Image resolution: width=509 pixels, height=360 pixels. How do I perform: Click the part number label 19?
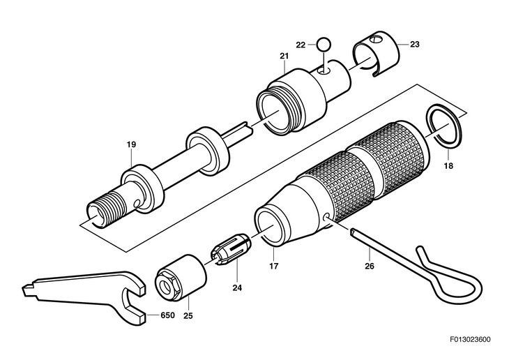pos(131,144)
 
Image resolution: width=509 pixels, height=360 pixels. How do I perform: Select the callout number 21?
pos(284,56)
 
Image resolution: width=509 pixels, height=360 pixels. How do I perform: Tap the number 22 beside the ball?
pos(301,45)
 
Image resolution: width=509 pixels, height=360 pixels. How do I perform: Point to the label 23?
pos(415,44)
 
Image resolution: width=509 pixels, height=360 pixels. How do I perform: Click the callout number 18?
pos(448,166)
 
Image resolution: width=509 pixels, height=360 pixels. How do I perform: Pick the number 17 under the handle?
pos(273,267)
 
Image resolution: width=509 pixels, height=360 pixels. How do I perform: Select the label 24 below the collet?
pos(237,288)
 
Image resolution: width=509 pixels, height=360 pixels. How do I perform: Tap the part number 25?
pos(188,315)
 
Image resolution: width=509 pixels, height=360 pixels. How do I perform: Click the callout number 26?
pos(370,267)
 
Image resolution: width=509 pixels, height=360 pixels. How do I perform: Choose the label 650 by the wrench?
pos(167,315)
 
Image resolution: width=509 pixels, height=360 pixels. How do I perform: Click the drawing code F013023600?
pos(470,340)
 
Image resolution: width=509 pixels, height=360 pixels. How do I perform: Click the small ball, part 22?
pos(324,44)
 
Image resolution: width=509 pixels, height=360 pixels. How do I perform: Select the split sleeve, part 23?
pos(377,54)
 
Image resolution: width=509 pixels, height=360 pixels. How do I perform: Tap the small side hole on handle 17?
pos(326,216)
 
